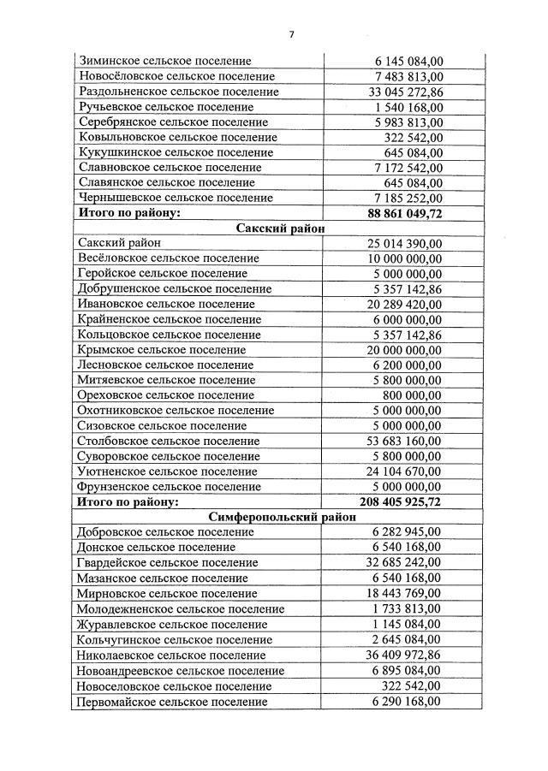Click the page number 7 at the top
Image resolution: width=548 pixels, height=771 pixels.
(291, 34)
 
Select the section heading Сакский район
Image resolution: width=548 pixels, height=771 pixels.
(278, 228)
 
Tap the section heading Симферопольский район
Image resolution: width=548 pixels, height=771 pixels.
(278, 517)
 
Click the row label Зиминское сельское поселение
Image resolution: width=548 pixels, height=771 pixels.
(164, 62)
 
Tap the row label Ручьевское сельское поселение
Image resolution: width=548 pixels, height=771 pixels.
(165, 107)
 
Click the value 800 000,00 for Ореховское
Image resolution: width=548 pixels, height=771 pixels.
(413, 395)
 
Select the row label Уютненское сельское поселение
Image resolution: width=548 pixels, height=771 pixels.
(166, 471)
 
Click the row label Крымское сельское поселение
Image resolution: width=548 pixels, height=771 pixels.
(160, 350)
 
